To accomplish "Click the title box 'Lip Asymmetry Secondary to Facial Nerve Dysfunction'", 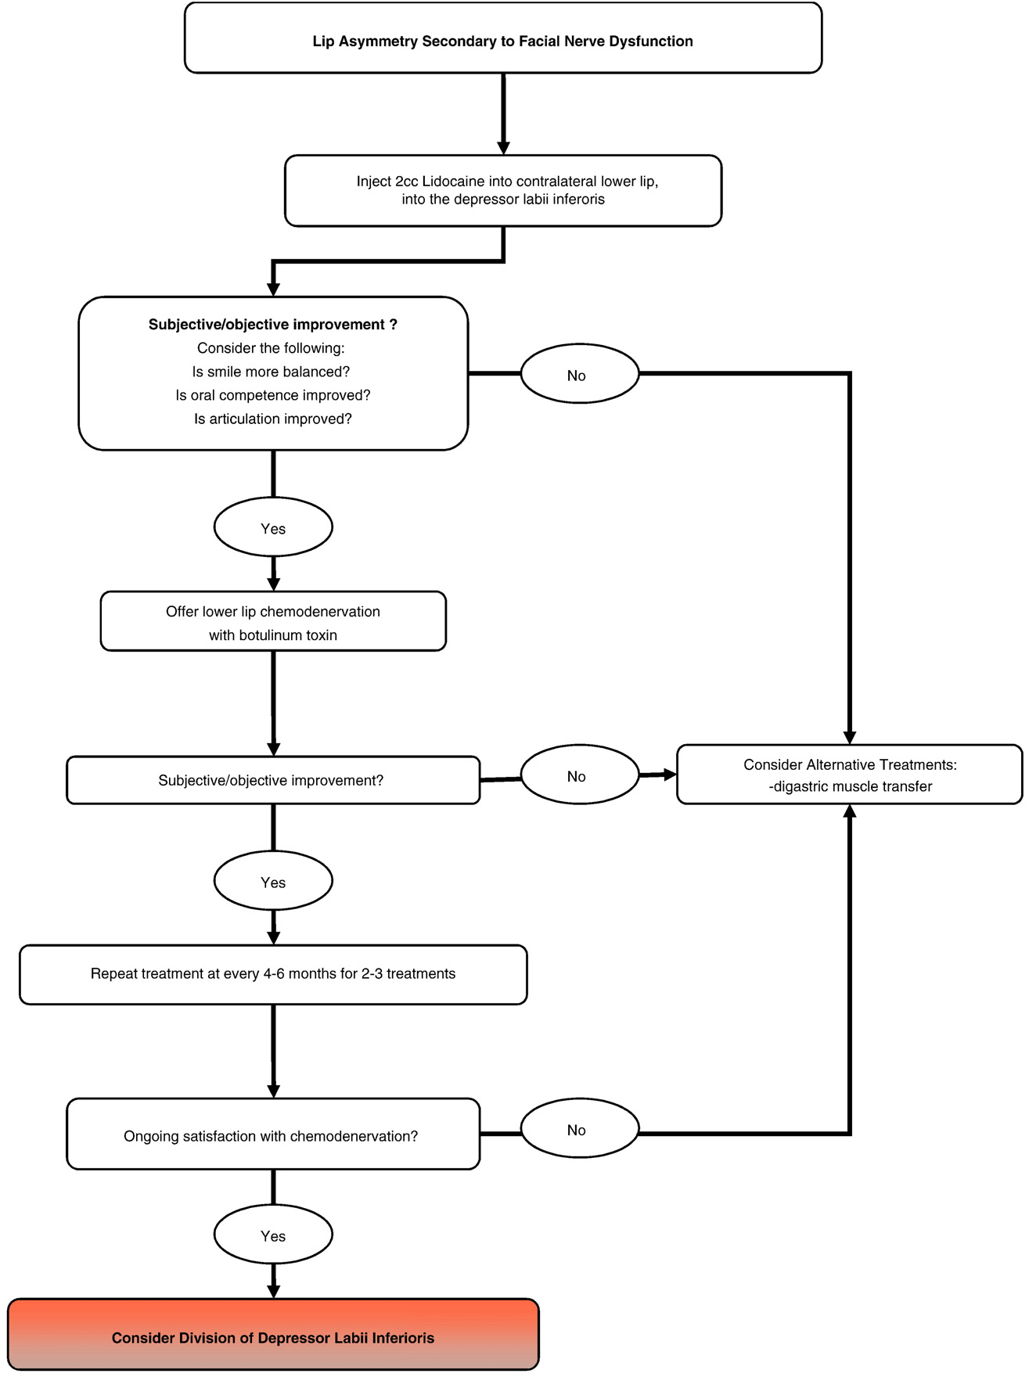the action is pyautogui.click(x=503, y=38).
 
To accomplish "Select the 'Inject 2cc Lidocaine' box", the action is pyautogui.click(x=503, y=190).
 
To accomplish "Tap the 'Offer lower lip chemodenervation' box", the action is pyautogui.click(x=273, y=621).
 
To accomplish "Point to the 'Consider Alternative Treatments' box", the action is pyautogui.click(x=850, y=775).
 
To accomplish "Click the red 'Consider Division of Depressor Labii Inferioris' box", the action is pyautogui.click(x=273, y=1337).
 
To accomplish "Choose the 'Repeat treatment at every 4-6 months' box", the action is pyautogui.click(x=273, y=975).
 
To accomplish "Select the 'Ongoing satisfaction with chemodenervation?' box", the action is pyautogui.click(x=273, y=1134).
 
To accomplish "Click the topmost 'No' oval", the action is pyautogui.click(x=580, y=374).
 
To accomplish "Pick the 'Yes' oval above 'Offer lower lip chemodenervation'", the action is pyautogui.click(x=273, y=527).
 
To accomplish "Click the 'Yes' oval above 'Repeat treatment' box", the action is pyautogui.click(x=273, y=881).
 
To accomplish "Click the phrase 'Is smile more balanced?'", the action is pyautogui.click(x=271, y=372).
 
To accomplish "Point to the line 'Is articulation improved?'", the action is pyautogui.click(x=273, y=419).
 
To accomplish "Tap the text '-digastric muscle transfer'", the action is pyautogui.click(x=850, y=786).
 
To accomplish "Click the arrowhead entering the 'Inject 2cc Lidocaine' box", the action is pyautogui.click(x=503, y=148).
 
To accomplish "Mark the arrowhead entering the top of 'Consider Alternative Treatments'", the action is pyautogui.click(x=850, y=738).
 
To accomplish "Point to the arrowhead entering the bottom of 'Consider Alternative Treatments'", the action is pyautogui.click(x=850, y=811).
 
